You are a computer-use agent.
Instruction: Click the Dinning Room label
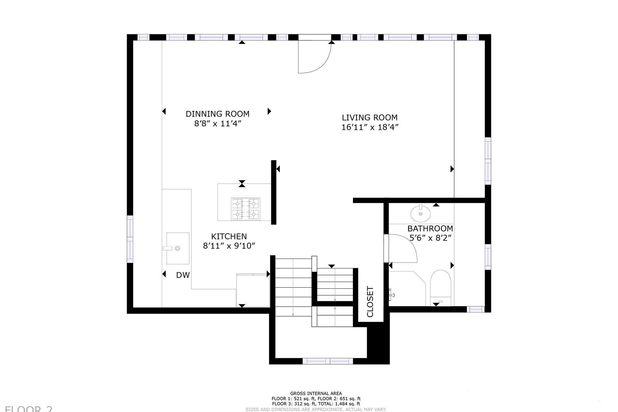coord(217,114)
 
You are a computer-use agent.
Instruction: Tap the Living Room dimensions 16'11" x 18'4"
coord(369,127)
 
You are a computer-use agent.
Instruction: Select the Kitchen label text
coord(229,237)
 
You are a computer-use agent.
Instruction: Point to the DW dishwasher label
coord(183,275)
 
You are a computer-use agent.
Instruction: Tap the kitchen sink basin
coord(178,248)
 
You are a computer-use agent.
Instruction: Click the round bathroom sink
coord(421,214)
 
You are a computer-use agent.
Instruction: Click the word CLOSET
coord(370,302)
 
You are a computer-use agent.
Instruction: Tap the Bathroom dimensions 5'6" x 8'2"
coord(430,238)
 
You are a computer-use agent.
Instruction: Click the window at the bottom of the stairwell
coord(328,361)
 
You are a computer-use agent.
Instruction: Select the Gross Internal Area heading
coord(316,393)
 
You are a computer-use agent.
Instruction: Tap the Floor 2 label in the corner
coord(29,409)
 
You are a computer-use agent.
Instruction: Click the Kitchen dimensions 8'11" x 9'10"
coord(229,246)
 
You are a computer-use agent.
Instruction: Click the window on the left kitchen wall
coord(130,239)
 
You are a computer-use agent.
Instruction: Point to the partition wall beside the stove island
coord(274,192)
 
